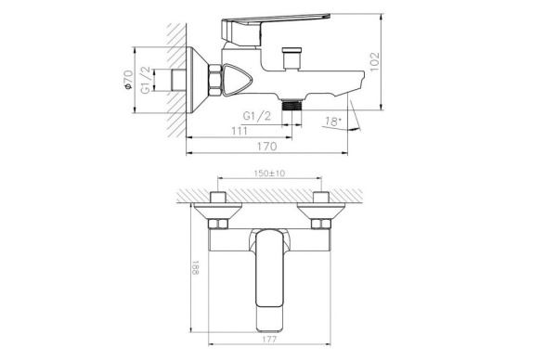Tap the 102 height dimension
[x=374, y=60]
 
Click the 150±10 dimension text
[x=269, y=173]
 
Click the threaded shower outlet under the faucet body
[x=296, y=106]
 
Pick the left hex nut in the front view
[x=218, y=225]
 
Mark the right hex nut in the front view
[x=322, y=225]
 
